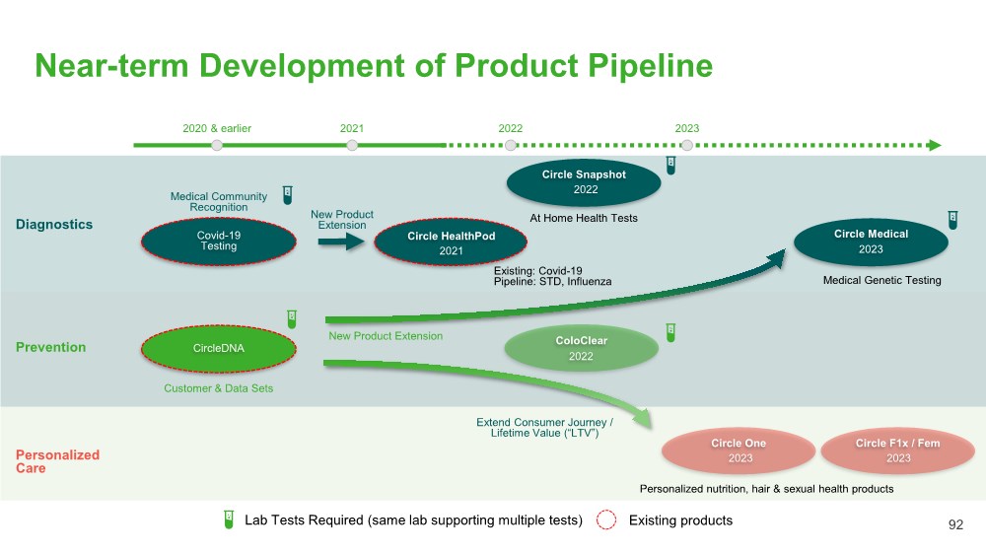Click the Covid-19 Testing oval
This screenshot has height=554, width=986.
click(x=218, y=242)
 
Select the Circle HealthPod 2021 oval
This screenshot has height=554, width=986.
click(x=451, y=242)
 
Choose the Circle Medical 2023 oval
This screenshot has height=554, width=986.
click(x=871, y=241)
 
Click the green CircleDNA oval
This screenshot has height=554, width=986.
click(x=218, y=348)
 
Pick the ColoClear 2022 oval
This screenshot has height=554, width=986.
click(x=581, y=347)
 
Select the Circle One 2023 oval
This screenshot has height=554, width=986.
click(x=739, y=450)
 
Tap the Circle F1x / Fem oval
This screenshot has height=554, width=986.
click(x=897, y=450)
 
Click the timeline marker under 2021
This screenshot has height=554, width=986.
click(x=352, y=146)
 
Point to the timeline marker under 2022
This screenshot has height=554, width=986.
click(x=510, y=146)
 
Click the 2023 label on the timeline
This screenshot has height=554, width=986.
click(x=687, y=129)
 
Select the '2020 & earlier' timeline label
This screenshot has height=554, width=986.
click(x=216, y=129)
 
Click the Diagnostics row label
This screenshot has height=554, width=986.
click(x=54, y=225)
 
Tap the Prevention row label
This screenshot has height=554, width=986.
click(x=50, y=347)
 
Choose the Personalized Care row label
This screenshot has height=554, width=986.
click(x=57, y=461)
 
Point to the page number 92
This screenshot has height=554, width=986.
click(x=955, y=525)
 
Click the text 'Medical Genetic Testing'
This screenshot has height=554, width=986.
click(x=881, y=281)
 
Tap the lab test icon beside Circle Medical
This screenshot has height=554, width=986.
click(x=952, y=220)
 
